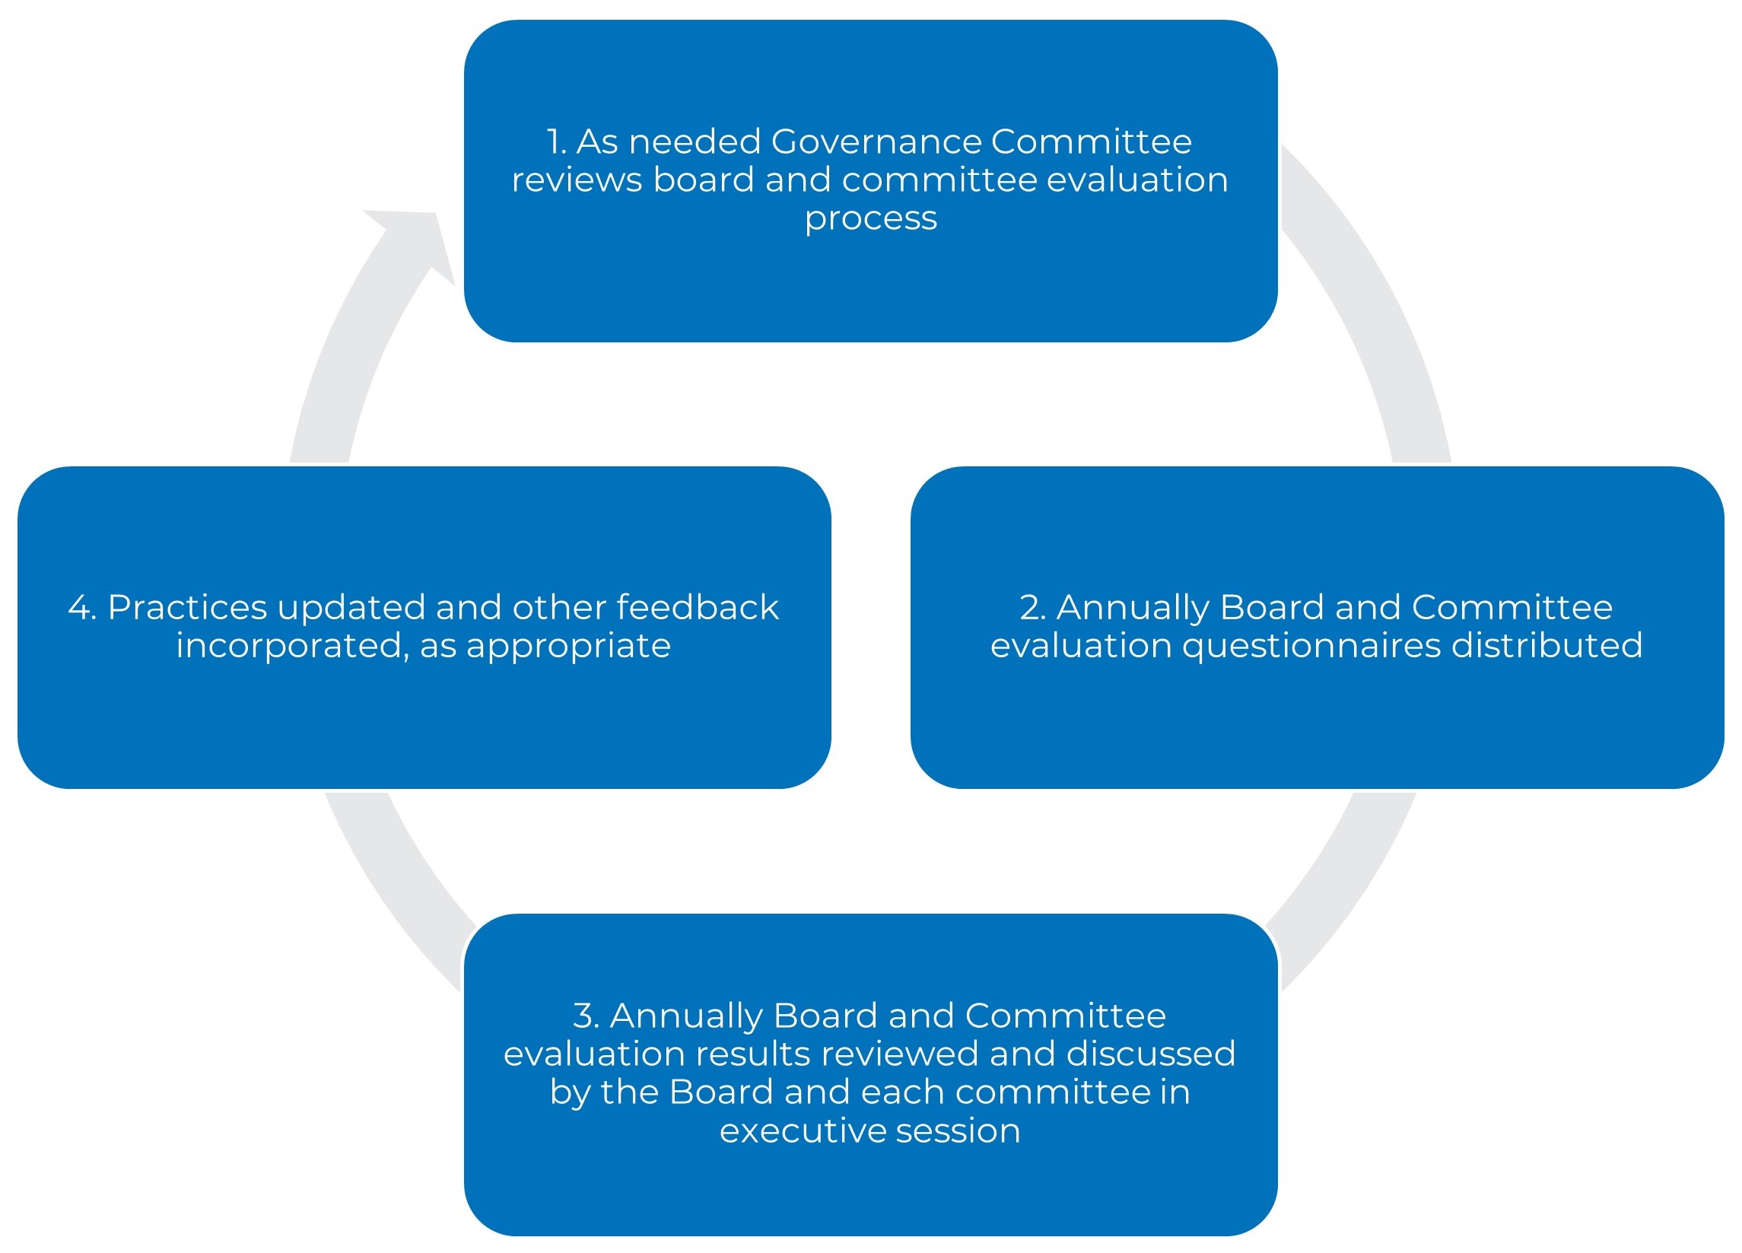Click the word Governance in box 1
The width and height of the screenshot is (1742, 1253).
pyautogui.click(x=876, y=142)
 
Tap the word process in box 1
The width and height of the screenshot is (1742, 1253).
pyautogui.click(x=870, y=220)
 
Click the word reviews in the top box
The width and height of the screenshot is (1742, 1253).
pyautogui.click(x=577, y=180)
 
